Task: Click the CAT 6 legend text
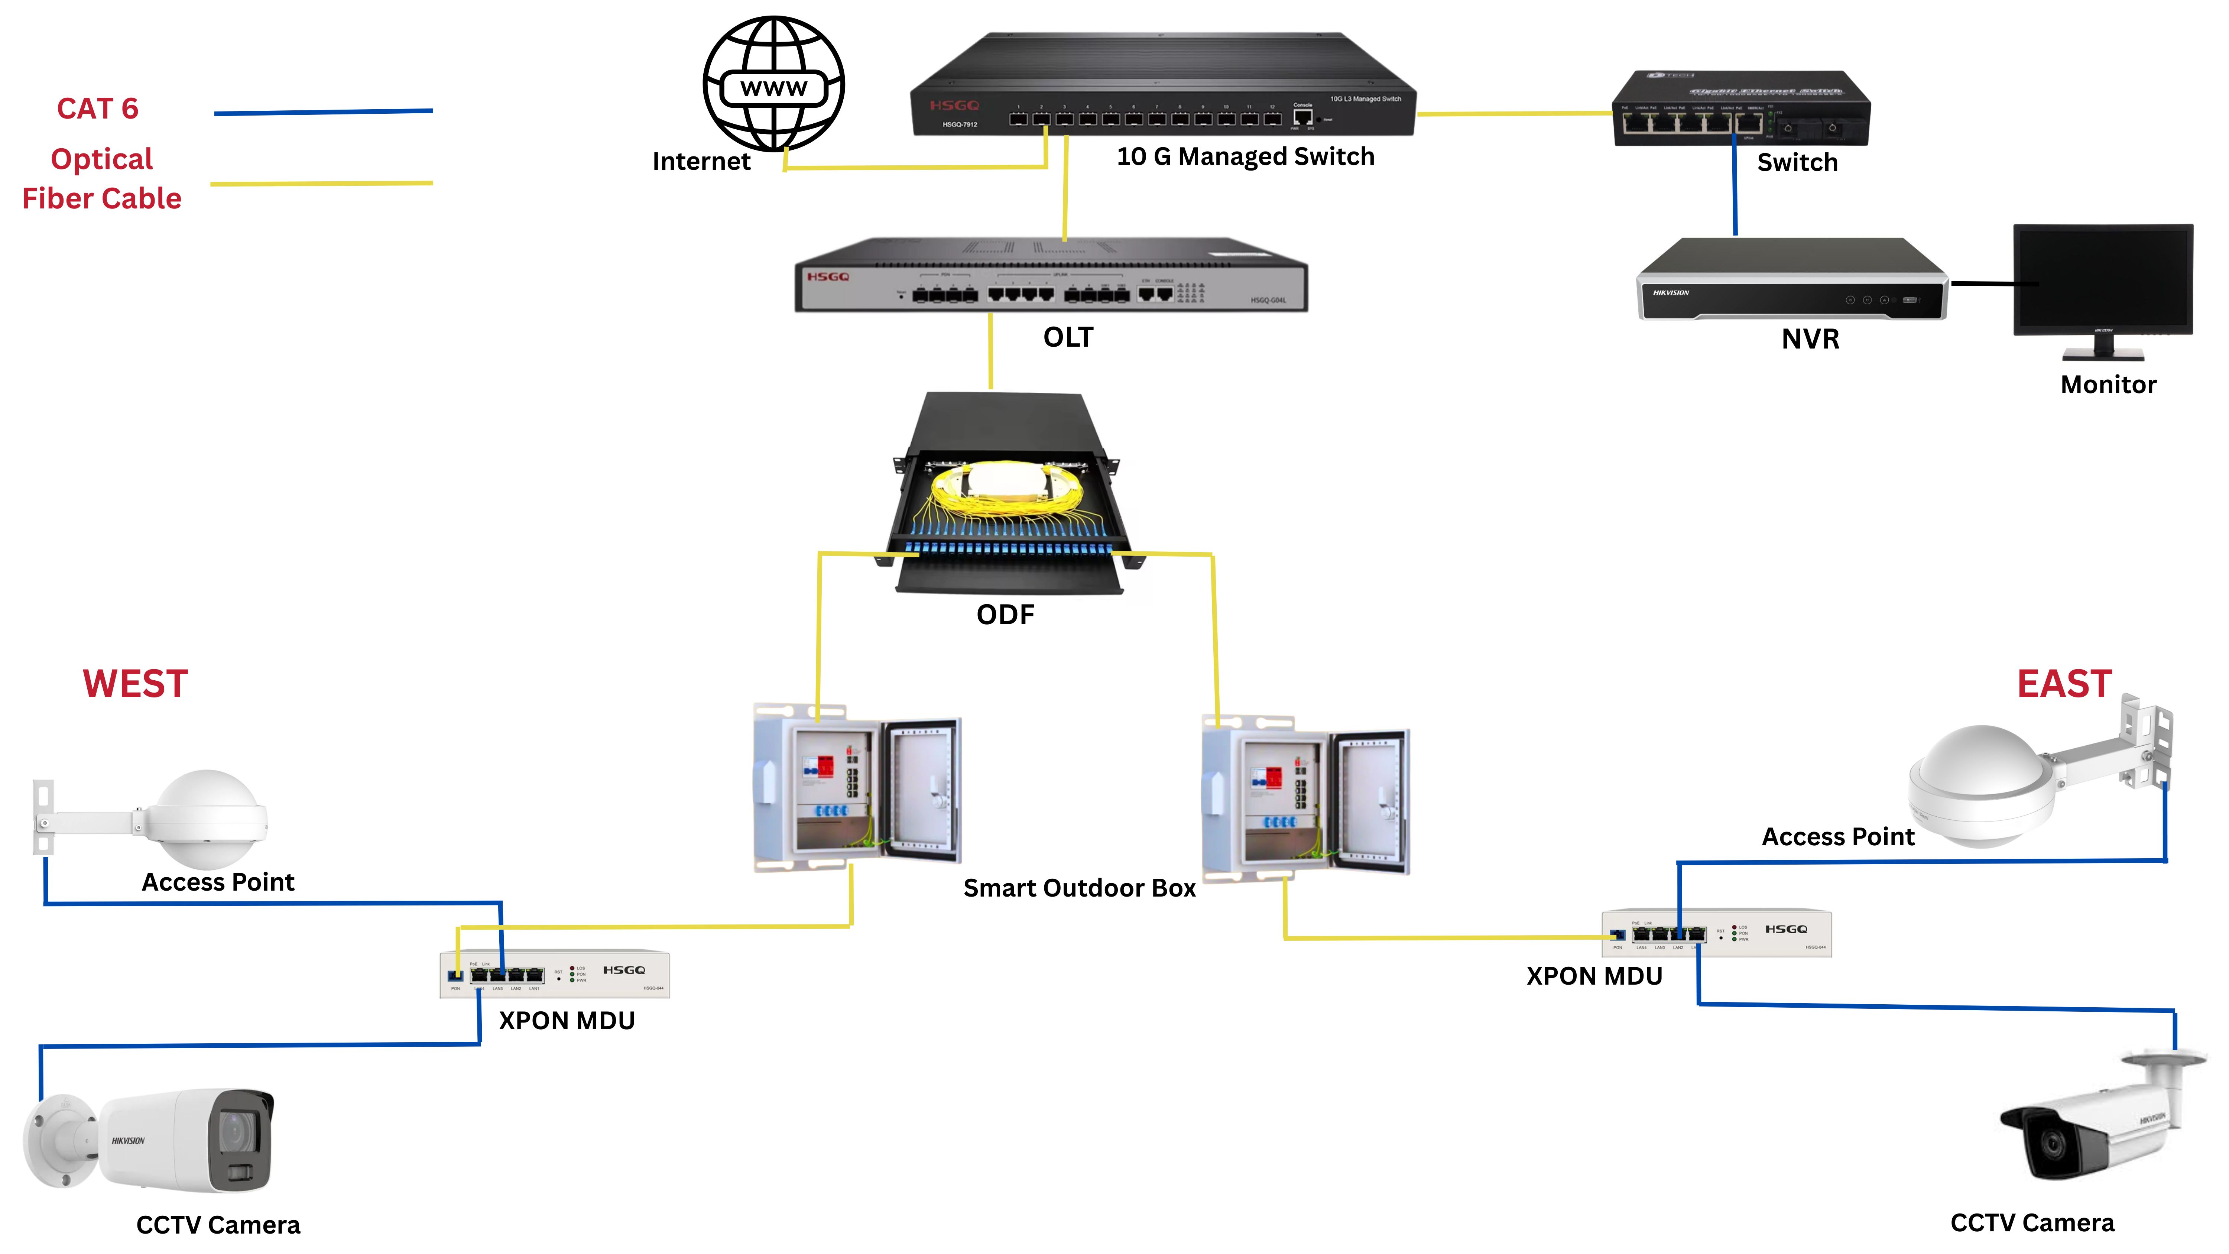pos(98,109)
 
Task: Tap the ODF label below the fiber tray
pos(1005,615)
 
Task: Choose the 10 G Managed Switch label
pos(1244,157)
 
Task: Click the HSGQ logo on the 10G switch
pos(954,106)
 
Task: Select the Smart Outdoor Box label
pos(1079,888)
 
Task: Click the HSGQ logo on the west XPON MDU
pos(624,970)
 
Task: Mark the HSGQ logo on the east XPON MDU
pos(1786,929)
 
